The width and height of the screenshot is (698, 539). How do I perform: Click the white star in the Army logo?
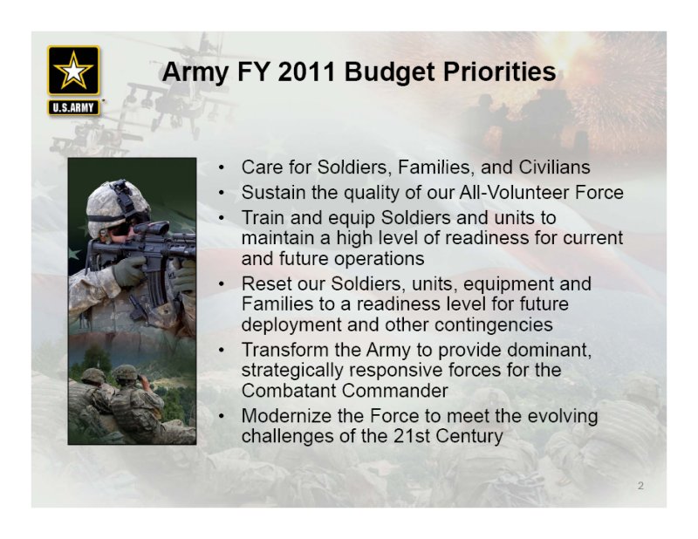73,71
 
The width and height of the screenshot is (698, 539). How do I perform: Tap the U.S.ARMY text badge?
73,107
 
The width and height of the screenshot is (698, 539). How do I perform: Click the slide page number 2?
640,486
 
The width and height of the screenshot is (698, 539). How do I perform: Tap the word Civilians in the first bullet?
554,167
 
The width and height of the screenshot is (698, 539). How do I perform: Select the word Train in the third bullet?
263,218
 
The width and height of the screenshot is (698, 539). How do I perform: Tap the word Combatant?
289,391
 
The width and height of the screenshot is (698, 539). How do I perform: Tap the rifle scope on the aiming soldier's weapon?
150,229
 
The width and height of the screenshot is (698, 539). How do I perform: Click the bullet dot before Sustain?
222,193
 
